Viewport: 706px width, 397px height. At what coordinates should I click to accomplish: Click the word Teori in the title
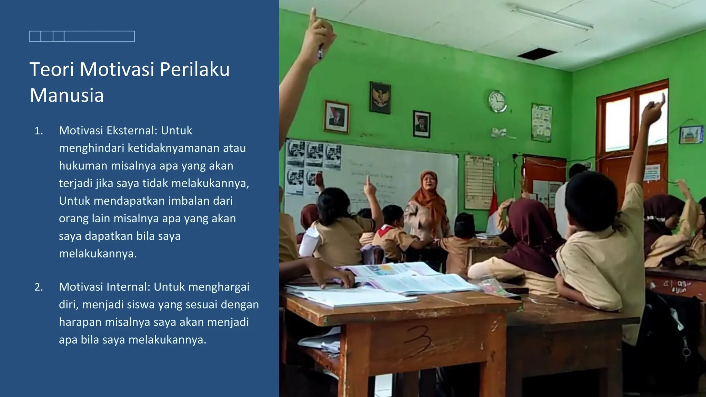coord(52,69)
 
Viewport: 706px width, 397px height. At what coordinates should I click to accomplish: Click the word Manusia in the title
coord(67,95)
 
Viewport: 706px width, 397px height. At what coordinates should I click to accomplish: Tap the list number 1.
coord(39,131)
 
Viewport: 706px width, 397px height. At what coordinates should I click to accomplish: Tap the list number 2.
coord(39,287)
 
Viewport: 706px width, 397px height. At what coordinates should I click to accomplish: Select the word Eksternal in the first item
coord(132,131)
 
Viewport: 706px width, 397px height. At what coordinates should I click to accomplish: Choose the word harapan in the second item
coord(80,322)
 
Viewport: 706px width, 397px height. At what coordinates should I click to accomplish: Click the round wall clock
coord(497,101)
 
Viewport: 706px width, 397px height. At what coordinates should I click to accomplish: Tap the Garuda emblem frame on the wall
coord(380,98)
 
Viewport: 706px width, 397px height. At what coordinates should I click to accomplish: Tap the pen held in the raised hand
coord(320,51)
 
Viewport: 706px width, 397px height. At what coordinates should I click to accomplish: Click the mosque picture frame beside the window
coord(690,135)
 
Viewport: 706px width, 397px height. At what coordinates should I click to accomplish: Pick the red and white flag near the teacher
coord(493,210)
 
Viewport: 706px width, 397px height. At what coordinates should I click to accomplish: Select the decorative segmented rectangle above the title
coord(82,37)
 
